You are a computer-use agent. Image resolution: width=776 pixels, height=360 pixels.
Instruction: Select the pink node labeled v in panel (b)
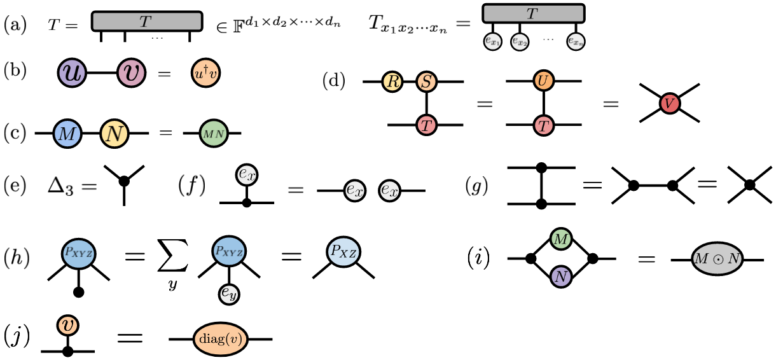point(132,73)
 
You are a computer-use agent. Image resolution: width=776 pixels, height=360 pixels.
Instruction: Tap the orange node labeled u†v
point(206,73)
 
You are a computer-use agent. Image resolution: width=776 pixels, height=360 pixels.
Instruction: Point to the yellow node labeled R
point(391,82)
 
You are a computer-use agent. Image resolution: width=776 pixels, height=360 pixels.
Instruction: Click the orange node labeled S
point(426,82)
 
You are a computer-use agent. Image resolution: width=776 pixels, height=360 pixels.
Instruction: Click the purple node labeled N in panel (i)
point(560,277)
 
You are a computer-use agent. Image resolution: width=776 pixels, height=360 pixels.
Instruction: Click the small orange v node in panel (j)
point(67,324)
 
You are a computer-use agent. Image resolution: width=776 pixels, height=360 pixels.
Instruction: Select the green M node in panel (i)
point(560,239)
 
